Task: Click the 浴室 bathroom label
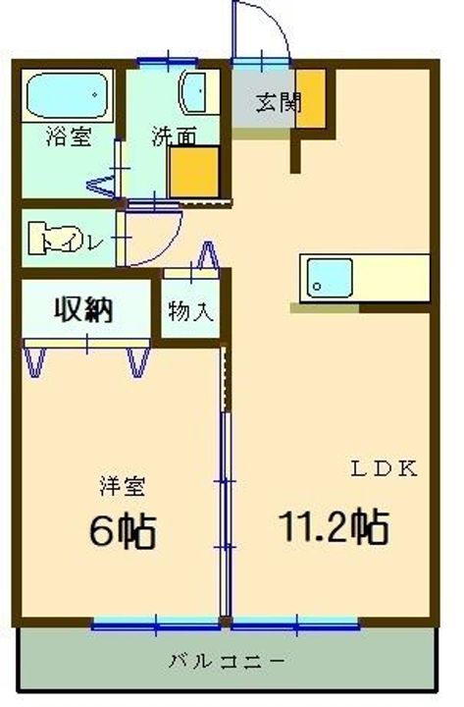(x=69, y=136)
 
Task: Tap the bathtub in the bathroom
(x=66, y=96)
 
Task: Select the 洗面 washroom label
(x=173, y=136)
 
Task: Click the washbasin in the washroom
(x=194, y=96)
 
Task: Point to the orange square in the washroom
(x=192, y=174)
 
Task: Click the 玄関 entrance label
(x=280, y=101)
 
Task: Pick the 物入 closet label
(x=192, y=313)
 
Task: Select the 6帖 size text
(x=122, y=530)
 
